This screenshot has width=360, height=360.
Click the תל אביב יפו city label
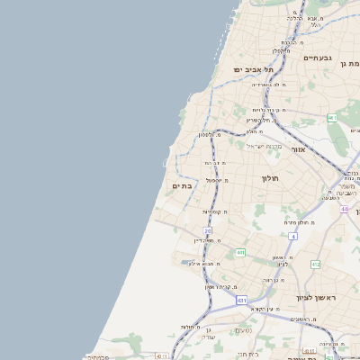pyautogui.click(x=253, y=69)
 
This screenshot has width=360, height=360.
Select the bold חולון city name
pyautogui.click(x=272, y=178)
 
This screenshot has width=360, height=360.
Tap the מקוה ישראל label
pyautogui.click(x=264, y=146)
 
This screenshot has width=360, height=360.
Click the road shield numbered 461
pyautogui.click(x=332, y=118)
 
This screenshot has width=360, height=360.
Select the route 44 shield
pyautogui.click(x=344, y=209)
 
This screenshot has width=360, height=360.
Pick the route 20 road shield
pyautogui.click(x=208, y=231)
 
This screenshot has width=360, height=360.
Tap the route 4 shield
pyautogui.click(x=293, y=236)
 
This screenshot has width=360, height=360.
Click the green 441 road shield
pyautogui.click(x=240, y=253)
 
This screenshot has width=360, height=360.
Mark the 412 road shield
pyautogui.click(x=315, y=265)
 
